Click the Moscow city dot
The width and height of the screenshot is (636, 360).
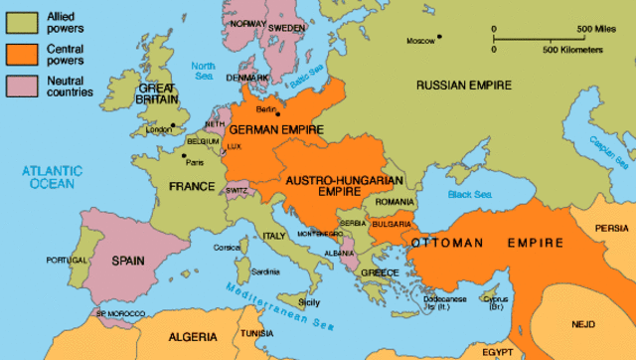[x=440, y=39]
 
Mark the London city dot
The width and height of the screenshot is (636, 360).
[x=173, y=125]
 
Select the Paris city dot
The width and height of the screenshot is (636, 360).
[x=184, y=155]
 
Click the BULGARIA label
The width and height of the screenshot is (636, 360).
[x=394, y=225]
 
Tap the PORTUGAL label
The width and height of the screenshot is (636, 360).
[x=67, y=261]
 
